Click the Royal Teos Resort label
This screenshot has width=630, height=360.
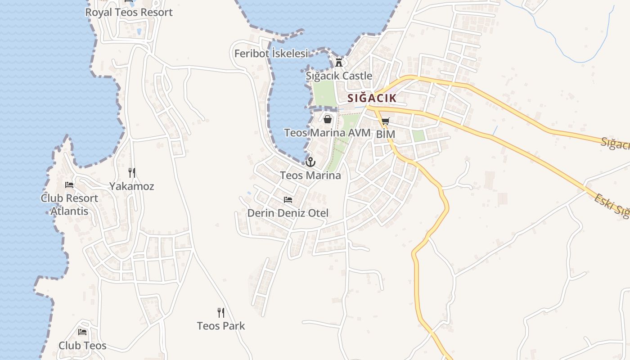click(x=129, y=12)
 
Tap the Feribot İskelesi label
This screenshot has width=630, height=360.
click(x=271, y=54)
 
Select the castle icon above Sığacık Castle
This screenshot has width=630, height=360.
click(x=339, y=63)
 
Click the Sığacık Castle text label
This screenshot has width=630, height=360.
click(x=339, y=76)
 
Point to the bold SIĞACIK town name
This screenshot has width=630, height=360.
click(x=372, y=98)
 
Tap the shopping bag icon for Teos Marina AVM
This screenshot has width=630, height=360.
click(x=328, y=119)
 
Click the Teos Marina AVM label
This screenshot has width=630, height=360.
click(x=327, y=133)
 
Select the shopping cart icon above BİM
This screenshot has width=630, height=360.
click(x=385, y=121)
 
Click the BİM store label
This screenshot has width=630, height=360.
click(x=385, y=134)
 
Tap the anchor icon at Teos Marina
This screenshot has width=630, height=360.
click(x=310, y=162)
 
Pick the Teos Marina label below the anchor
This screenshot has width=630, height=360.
click(x=310, y=175)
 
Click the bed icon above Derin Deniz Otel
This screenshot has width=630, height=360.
click(x=288, y=199)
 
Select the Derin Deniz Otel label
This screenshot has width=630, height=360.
click(x=288, y=213)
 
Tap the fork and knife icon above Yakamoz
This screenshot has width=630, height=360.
click(x=132, y=172)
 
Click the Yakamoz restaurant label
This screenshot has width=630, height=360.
click(x=132, y=186)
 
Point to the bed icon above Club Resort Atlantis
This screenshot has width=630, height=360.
click(x=69, y=184)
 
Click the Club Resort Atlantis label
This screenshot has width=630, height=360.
click(x=69, y=204)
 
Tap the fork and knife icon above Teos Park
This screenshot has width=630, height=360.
click(x=221, y=312)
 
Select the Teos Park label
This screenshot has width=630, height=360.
click(x=221, y=326)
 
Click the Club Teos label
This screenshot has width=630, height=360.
click(x=82, y=346)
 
